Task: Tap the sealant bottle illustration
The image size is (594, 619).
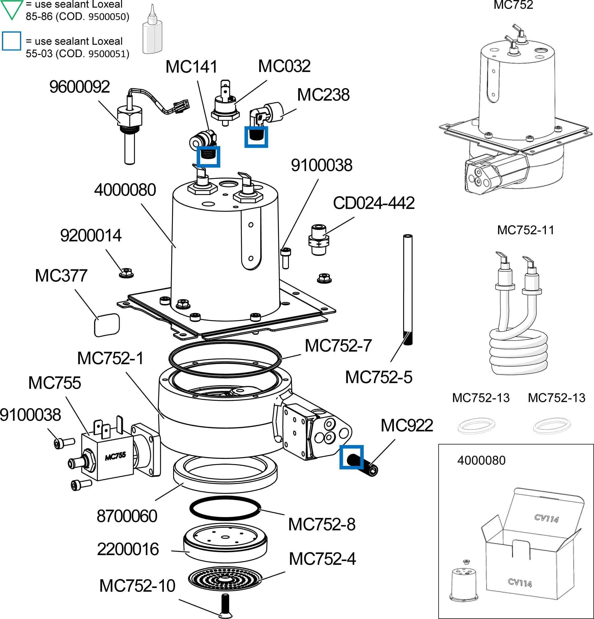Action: pos(152,32)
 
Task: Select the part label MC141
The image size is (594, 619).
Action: pos(191,67)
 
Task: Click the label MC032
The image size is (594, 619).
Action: pos(284,66)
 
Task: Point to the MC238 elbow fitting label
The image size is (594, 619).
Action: pos(323,95)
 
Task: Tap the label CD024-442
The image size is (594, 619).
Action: pos(374,203)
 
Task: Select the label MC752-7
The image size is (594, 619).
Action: pos(338,345)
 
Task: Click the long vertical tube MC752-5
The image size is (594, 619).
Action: pos(408,284)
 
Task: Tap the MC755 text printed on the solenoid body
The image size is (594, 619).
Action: pos(115,456)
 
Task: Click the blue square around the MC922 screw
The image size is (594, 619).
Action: pos(352,457)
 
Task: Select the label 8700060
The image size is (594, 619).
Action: pos(127,516)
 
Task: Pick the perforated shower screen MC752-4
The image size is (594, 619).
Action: pos(225,578)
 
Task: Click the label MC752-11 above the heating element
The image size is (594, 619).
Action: pos(526,230)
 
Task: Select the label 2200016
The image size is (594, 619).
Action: pos(128,549)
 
